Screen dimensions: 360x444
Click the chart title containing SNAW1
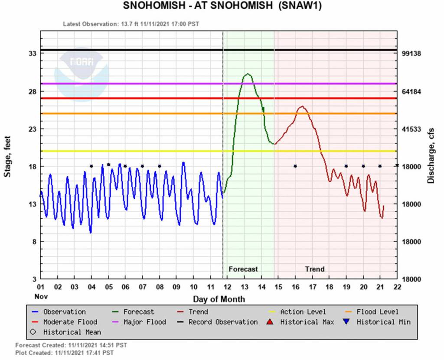pos(222,7)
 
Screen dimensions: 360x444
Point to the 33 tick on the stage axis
pos(32,54)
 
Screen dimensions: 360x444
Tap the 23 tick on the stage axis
pos(32,129)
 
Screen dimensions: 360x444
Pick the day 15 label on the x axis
pos(278,287)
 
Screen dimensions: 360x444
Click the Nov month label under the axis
pos(40,297)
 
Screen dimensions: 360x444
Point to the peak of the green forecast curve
pos(247,74)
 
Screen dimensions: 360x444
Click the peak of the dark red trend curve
pos(302,107)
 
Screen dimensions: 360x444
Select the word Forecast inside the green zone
pos(243,269)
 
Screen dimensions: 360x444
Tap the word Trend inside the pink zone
pos(314,269)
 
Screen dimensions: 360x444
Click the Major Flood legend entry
pos(144,322)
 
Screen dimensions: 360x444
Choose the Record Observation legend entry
pos(223,322)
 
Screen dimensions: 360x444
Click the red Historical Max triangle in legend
pos(271,322)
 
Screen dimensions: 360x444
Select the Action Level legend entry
pos(303,311)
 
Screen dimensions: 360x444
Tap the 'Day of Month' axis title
pos(219,299)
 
